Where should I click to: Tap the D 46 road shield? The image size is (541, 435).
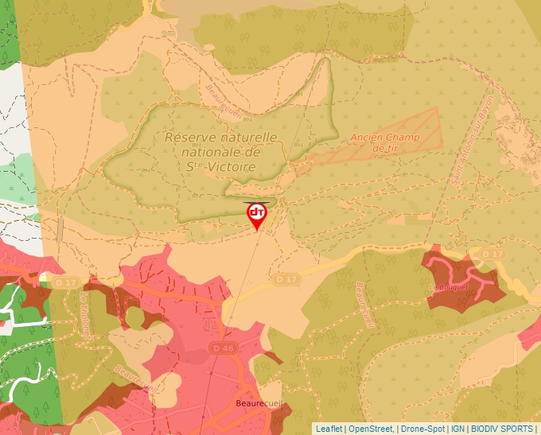[225, 348]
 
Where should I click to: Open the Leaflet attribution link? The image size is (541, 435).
[329, 429]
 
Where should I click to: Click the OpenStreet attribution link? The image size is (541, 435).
[371, 429]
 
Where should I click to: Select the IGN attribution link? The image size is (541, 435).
[457, 429]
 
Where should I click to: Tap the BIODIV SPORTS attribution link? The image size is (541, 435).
[502, 429]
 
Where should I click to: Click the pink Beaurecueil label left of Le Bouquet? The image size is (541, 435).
[364, 303]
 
